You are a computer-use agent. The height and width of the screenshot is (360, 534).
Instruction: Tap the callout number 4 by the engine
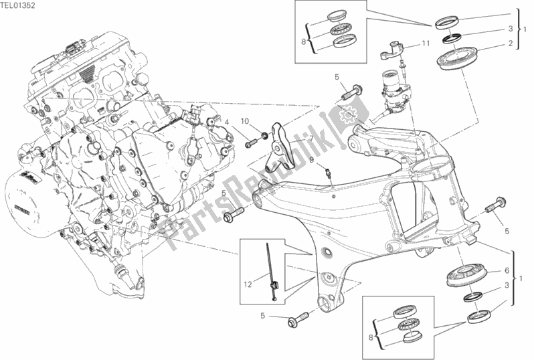[227, 121]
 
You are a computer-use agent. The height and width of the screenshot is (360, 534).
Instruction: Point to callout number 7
[310, 139]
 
